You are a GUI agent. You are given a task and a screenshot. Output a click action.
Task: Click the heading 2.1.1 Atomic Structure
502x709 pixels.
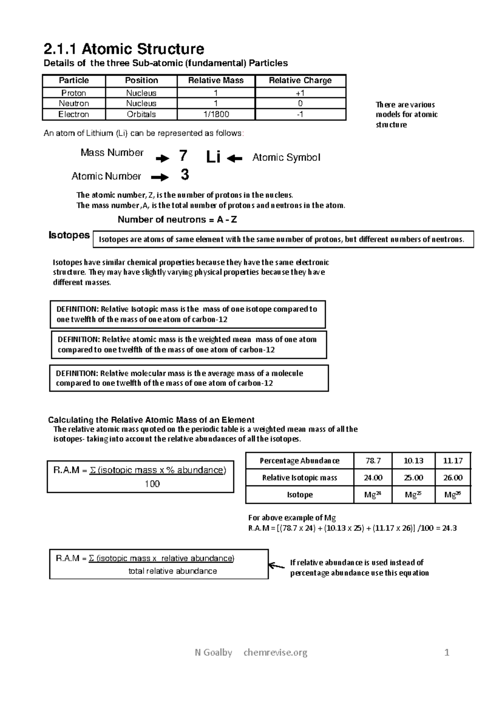pyautogui.click(x=124, y=49)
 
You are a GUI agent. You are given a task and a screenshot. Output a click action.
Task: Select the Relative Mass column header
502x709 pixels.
pyautogui.click(x=215, y=80)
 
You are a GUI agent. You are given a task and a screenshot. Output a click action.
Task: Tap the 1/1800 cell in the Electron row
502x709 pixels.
pyautogui.click(x=215, y=114)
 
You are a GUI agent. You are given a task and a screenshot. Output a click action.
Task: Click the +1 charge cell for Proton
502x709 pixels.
pyautogui.click(x=300, y=93)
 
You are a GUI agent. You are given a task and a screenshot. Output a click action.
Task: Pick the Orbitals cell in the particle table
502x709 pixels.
pyautogui.click(x=141, y=114)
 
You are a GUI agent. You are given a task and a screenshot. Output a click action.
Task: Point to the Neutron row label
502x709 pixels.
pyautogui.click(x=74, y=103)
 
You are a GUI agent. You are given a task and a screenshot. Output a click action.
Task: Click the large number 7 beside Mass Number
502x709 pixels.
pyautogui.click(x=183, y=156)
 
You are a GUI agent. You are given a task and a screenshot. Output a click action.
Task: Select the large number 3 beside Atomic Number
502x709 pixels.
pyautogui.click(x=184, y=175)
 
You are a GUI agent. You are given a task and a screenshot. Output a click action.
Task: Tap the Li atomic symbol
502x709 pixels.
pyautogui.click(x=213, y=158)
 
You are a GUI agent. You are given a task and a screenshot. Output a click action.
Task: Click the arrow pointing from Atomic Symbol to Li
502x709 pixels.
pyautogui.click(x=236, y=158)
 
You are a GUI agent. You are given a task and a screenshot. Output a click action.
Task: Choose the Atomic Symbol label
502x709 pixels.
pyautogui.click(x=286, y=158)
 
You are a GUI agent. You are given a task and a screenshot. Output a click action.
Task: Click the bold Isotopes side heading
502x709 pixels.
pyautogui.click(x=69, y=235)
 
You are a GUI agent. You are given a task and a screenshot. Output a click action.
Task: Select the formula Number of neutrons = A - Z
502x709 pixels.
pyautogui.click(x=177, y=219)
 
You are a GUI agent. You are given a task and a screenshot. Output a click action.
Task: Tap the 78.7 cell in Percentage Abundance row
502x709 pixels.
pyautogui.click(x=373, y=461)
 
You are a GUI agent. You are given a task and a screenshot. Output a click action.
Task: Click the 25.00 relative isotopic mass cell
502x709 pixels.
pyautogui.click(x=413, y=477)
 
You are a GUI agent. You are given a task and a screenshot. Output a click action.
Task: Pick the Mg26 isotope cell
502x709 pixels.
pyautogui.click(x=452, y=495)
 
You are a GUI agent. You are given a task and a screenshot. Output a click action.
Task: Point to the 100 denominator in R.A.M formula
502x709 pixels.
pyautogui.click(x=152, y=484)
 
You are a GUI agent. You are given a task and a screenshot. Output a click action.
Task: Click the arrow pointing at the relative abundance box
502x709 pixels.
pyautogui.click(x=276, y=566)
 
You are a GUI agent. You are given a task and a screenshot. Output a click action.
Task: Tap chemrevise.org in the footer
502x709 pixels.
pyautogui.click(x=275, y=652)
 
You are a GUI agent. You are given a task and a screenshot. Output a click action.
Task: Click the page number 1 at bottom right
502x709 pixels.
pyautogui.click(x=447, y=653)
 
